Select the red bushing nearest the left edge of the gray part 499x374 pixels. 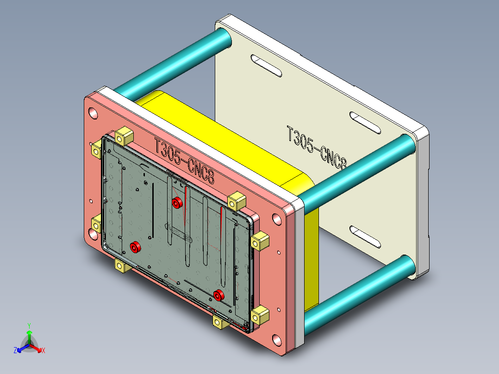coord(135,247)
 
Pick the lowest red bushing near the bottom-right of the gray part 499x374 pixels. coord(219,295)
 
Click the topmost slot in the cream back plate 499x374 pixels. coord(266,65)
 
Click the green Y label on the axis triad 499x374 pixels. coord(29,325)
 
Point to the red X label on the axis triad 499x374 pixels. coord(43,351)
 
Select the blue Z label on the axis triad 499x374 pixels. coord(15,351)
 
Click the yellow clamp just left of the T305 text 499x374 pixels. coord(124,137)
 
